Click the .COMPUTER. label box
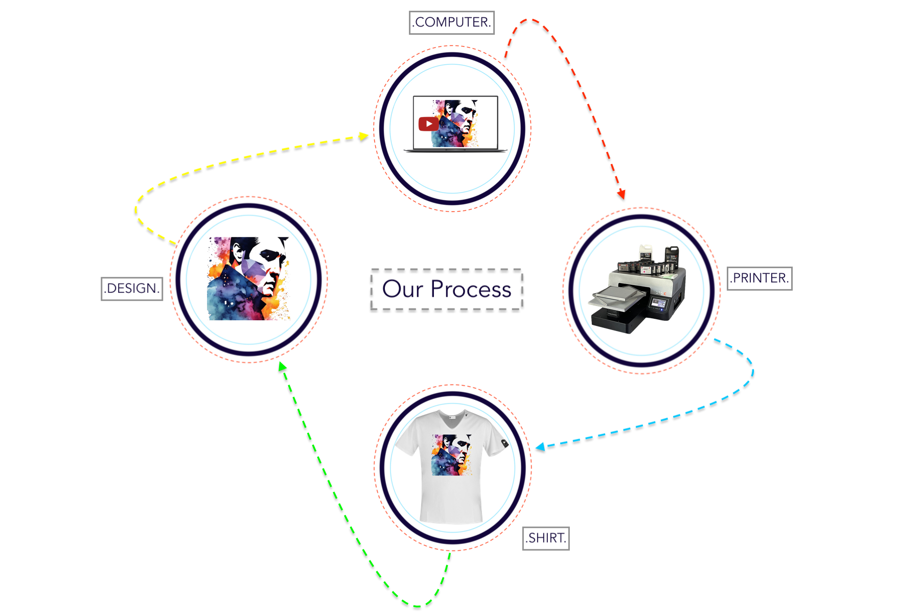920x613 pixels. click(x=452, y=22)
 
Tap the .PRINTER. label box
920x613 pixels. click(x=760, y=278)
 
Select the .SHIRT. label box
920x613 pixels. click(x=546, y=538)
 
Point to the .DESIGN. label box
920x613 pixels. click(x=132, y=289)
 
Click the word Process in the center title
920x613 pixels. click(x=471, y=290)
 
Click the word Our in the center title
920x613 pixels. click(x=403, y=289)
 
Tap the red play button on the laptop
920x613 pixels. click(x=428, y=124)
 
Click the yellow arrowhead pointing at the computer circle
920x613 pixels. click(x=363, y=136)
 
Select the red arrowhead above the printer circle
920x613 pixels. click(x=622, y=194)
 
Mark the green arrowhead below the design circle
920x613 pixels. click(x=282, y=366)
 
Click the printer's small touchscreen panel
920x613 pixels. click(x=658, y=304)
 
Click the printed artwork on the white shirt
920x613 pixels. click(x=451, y=455)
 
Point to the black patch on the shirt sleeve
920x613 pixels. click(x=504, y=443)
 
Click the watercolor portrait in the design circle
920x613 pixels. click(x=249, y=278)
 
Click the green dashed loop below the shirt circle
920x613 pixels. click(x=417, y=605)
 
